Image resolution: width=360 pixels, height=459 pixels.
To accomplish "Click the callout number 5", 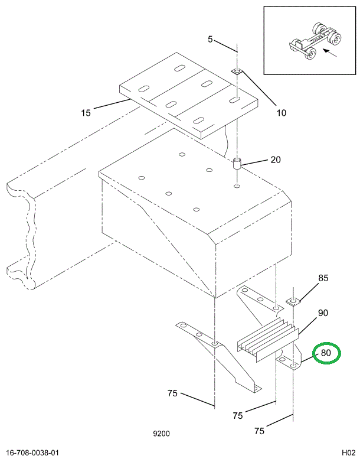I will click(210, 40).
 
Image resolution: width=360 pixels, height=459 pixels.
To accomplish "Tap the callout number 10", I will click(281, 112).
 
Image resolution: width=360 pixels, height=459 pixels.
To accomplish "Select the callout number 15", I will click(87, 112).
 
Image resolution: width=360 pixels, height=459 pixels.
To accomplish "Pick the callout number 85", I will click(323, 278).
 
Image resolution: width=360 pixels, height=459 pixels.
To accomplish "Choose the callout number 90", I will click(323, 313).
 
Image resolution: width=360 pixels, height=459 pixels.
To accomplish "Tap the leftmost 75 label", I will click(172, 394).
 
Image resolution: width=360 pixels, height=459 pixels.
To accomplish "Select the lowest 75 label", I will click(258, 431).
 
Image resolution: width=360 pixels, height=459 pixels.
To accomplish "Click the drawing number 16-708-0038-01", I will click(33, 453).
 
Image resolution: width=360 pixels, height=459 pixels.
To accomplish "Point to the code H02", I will click(347, 453).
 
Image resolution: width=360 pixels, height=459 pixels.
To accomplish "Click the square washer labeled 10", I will click(236, 71).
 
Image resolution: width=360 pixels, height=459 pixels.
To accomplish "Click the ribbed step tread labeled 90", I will click(267, 338).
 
